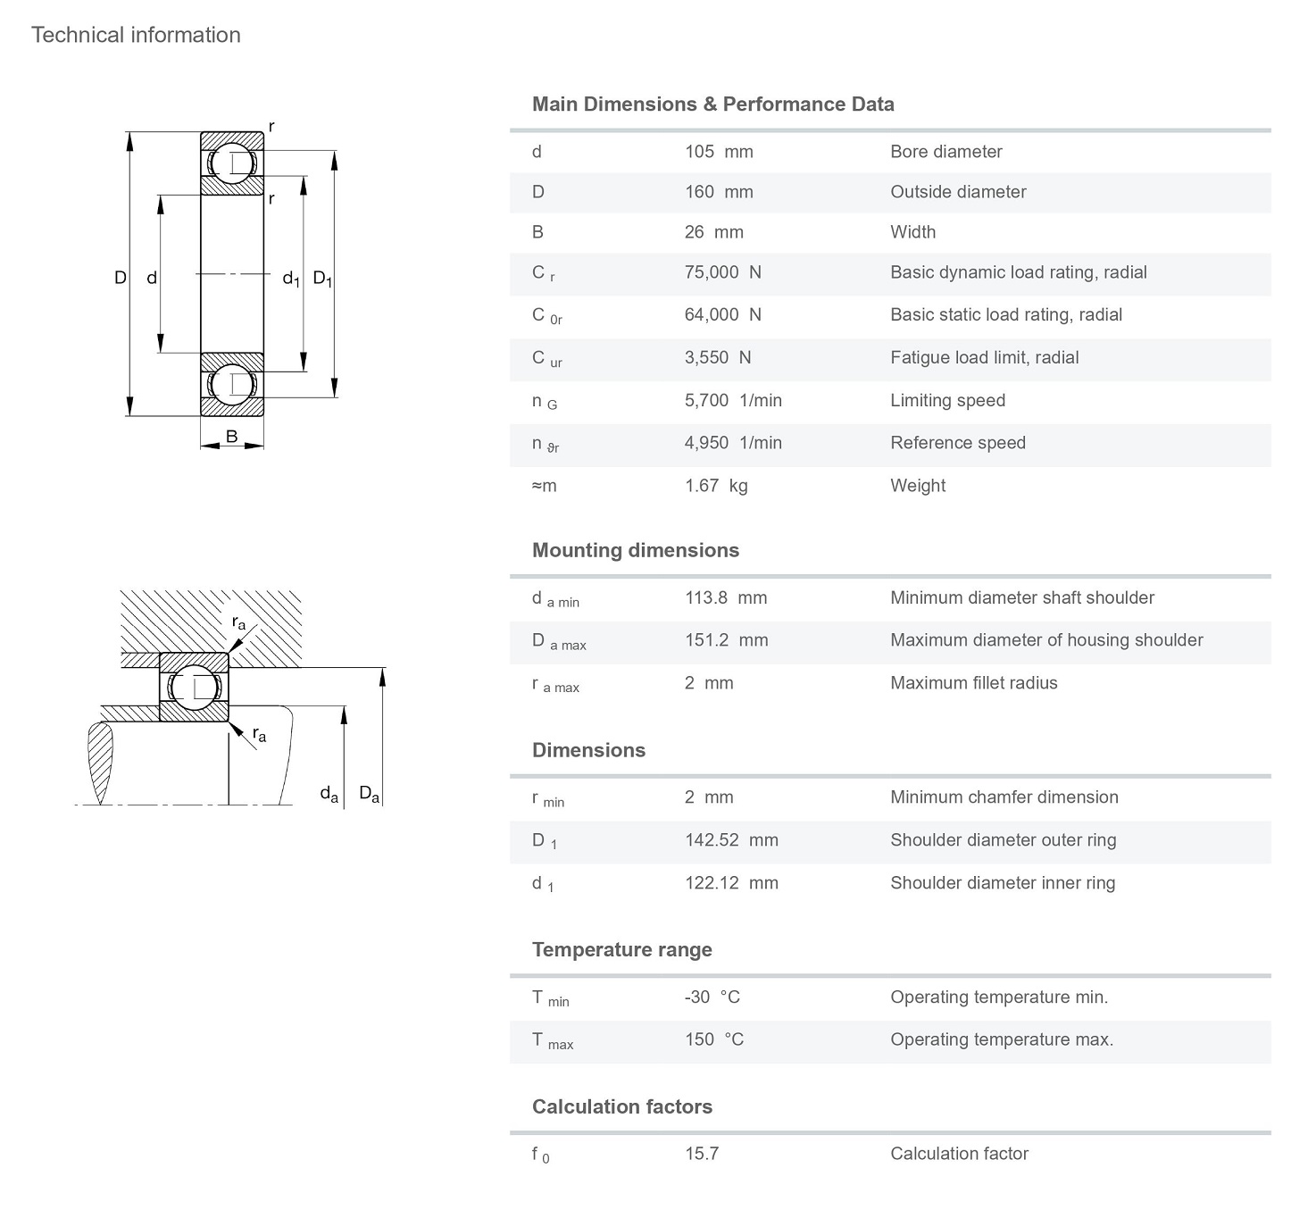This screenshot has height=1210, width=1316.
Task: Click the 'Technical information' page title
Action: [136, 35]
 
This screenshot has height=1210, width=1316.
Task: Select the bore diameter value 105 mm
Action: [719, 152]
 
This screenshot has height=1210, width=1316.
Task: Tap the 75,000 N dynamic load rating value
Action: [722, 272]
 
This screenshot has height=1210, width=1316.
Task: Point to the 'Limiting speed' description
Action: [947, 401]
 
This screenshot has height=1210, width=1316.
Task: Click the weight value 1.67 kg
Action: [716, 486]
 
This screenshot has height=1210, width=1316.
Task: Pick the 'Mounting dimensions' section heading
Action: [635, 550]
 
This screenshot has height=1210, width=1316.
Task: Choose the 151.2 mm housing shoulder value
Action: [726, 640]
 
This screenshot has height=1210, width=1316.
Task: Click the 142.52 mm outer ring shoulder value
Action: [731, 840]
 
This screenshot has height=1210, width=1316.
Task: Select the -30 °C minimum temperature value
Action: [712, 997]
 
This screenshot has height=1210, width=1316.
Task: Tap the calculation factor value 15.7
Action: [702, 1154]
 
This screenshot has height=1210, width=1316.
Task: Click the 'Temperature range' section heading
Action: [621, 950]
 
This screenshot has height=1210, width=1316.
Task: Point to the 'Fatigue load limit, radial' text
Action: [984, 358]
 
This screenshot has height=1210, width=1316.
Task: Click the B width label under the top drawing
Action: [232, 437]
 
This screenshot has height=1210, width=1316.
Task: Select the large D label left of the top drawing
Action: [120, 278]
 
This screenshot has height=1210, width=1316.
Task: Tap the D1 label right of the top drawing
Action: [322, 279]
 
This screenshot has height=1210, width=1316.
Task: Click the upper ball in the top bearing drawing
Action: [232, 163]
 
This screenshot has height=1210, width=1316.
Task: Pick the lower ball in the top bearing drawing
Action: [232, 385]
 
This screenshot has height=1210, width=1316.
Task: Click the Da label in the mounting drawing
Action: [369, 793]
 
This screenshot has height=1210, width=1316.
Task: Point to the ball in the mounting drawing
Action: [194, 687]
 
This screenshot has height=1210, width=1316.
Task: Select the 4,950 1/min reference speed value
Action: [733, 443]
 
